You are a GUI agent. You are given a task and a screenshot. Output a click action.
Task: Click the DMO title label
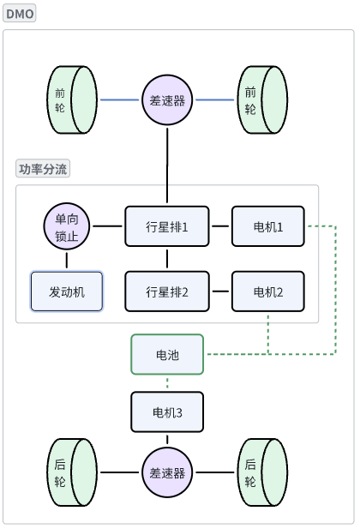20,15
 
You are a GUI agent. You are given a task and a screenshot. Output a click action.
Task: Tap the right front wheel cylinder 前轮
262,99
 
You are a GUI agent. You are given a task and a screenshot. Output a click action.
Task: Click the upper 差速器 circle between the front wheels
167,99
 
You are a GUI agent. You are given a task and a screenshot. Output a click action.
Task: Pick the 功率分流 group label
43,169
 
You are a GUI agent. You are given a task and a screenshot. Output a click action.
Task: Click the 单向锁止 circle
67,227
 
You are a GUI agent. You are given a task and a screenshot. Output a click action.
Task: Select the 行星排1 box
167,227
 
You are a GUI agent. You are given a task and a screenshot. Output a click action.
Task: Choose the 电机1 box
268,227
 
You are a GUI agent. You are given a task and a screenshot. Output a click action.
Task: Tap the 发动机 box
67,292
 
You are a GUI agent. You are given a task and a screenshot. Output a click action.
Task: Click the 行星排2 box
167,292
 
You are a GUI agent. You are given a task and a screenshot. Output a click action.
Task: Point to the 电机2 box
268,292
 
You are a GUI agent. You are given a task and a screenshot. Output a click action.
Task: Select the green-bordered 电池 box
167,354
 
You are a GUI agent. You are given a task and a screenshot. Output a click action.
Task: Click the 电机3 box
167,412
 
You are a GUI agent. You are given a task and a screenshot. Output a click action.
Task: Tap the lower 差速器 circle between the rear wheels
167,472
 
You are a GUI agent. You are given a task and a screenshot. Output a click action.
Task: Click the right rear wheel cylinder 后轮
262,472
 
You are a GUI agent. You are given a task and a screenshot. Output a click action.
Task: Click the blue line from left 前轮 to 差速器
120,99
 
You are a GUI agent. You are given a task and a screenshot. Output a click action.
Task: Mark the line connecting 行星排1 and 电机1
220,227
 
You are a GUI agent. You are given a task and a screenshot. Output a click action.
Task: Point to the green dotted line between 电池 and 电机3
167,383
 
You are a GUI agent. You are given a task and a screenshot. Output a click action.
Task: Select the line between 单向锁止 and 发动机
67,261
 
